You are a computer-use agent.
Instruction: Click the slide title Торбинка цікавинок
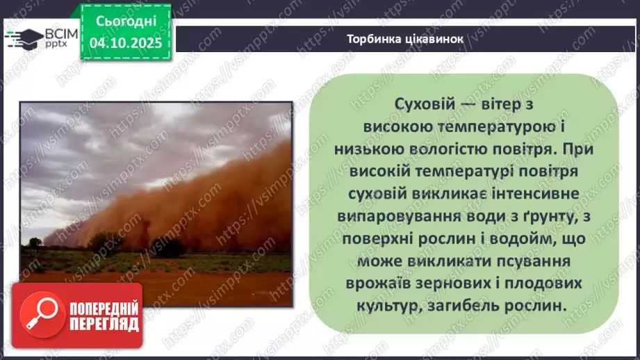(x=404, y=38)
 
